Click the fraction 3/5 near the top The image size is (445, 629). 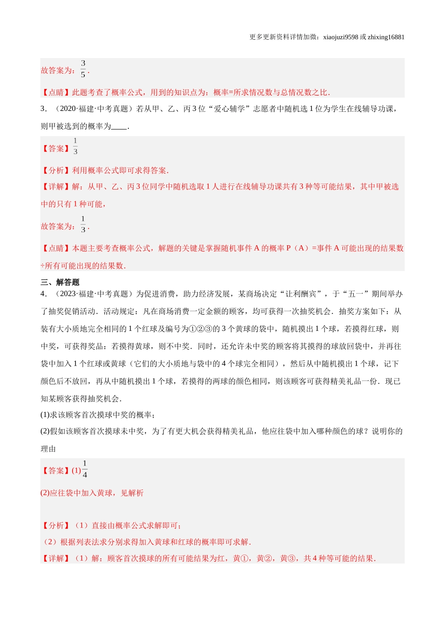(83, 69)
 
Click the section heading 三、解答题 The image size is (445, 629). (60, 282)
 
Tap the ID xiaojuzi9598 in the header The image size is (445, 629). (341, 37)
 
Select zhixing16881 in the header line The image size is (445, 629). (386, 37)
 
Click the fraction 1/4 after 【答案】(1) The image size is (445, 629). (85, 469)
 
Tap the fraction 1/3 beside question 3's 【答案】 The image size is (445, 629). (75, 146)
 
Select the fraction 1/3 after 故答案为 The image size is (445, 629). (83, 225)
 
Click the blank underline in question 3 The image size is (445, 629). (120, 126)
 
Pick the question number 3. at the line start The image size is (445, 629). (44, 109)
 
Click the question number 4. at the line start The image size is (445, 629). (44, 294)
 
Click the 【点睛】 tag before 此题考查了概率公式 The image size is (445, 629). (56, 93)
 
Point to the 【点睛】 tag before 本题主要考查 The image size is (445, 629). (56, 249)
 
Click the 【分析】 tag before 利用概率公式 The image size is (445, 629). (56, 171)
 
